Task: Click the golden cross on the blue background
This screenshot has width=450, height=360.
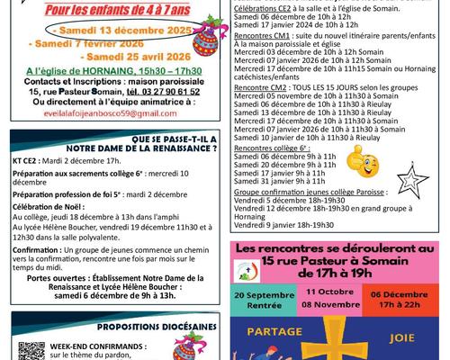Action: tap(337, 337)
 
